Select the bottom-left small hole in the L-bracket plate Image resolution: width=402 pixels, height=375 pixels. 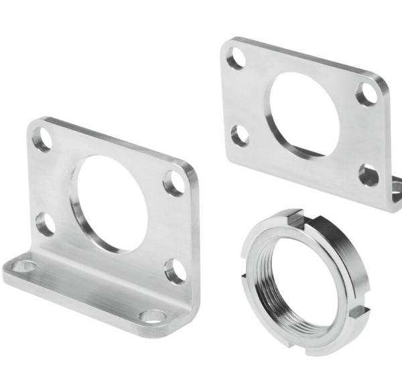tap(46, 224)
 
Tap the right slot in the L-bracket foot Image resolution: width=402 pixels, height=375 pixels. tap(153, 315)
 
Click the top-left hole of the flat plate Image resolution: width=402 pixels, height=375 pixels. tap(235, 61)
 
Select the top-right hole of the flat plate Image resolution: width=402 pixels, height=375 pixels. tap(366, 95)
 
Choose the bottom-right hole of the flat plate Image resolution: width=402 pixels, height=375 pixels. tap(368, 175)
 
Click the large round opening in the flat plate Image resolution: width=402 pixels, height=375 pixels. tap(303, 113)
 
